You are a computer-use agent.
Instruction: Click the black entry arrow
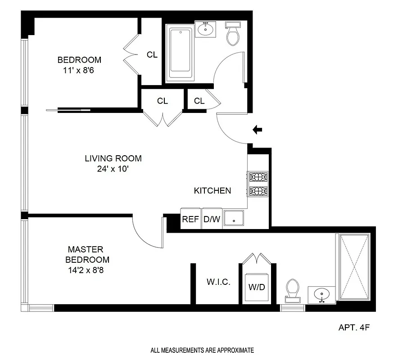258,130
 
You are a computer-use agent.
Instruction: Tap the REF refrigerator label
190,220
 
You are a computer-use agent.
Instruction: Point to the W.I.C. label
218,283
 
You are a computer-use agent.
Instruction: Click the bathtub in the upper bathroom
180,53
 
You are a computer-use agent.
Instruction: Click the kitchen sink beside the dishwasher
234,219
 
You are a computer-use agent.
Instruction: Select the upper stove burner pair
258,176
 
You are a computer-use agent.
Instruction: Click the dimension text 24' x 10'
113,169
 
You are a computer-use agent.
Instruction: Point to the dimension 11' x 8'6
79,70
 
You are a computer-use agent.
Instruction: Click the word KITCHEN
213,191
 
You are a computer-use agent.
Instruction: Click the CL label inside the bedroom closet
152,55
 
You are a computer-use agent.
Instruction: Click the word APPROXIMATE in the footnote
235,350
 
